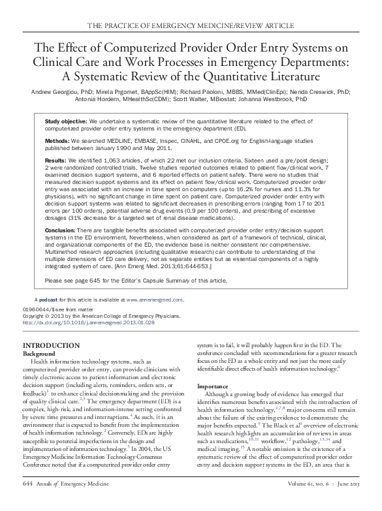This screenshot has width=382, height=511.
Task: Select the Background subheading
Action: click(40, 352)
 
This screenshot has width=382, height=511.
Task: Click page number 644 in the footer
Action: click(28, 501)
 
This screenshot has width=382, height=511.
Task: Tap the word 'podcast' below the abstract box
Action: click(50, 300)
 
